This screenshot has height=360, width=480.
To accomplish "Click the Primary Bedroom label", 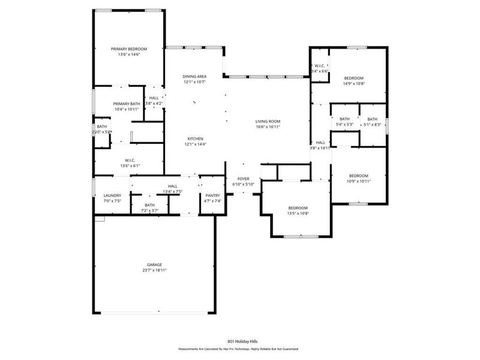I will pyautogui.click(x=129, y=49).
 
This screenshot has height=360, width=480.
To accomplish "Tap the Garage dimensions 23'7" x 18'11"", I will pyautogui.click(x=154, y=271).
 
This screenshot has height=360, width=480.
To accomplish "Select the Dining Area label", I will pyautogui.click(x=195, y=76).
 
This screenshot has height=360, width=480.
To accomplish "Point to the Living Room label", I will pyautogui.click(x=268, y=121).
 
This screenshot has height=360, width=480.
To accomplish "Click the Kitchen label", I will pyautogui.click(x=195, y=139).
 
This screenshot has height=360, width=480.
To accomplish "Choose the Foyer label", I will pyautogui.click(x=243, y=179).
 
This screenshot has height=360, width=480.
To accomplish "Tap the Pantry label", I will pyautogui.click(x=212, y=196).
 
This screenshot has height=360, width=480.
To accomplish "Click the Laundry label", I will pyautogui.click(x=112, y=196).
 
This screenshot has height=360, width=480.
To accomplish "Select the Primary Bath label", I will pyautogui.click(x=126, y=103).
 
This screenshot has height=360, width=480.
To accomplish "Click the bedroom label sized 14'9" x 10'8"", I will pyautogui.click(x=353, y=79).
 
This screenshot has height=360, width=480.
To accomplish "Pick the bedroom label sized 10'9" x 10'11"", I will pyautogui.click(x=359, y=176).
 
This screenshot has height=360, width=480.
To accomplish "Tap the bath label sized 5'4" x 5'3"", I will pyautogui.click(x=344, y=119).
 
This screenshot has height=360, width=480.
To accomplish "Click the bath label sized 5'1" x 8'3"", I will pyautogui.click(x=373, y=119).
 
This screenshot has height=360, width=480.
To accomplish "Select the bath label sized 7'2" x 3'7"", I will pyautogui.click(x=149, y=205).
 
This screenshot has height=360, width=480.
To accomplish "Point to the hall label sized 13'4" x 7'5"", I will pyautogui.click(x=173, y=187).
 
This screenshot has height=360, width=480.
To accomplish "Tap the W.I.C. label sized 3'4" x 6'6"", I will pyautogui.click(x=319, y=66).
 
